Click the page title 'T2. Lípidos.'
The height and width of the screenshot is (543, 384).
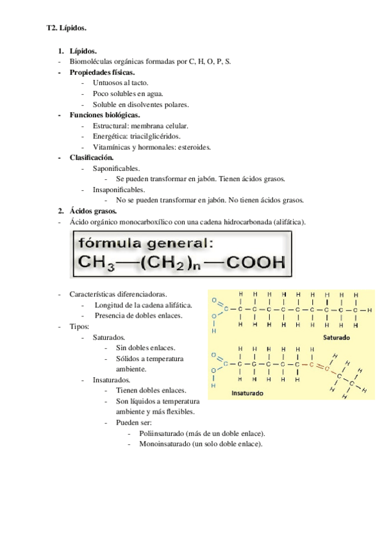pyautogui.click(x=67, y=28)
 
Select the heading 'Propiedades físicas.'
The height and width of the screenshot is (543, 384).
pyautogui.click(x=101, y=72)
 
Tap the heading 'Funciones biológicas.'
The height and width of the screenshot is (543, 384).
pyautogui.click(x=104, y=115)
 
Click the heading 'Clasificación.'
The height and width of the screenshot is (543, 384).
pyautogui.click(x=92, y=157)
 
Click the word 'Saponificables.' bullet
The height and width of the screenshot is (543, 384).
pyautogui.click(x=116, y=168)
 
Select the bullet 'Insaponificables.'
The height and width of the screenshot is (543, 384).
pyautogui.click(x=119, y=189)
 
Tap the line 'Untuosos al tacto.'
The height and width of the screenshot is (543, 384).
pyautogui.click(x=121, y=83)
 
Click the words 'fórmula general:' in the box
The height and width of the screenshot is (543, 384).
pyautogui.click(x=145, y=243)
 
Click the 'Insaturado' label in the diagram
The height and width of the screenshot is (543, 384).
pyautogui.click(x=247, y=394)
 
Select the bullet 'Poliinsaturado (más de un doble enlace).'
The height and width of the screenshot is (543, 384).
pyautogui.click(x=199, y=434)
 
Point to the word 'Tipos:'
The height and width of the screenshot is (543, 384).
pyautogui.click(x=79, y=326)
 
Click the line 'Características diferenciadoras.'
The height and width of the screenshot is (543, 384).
pyautogui.click(x=118, y=294)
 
